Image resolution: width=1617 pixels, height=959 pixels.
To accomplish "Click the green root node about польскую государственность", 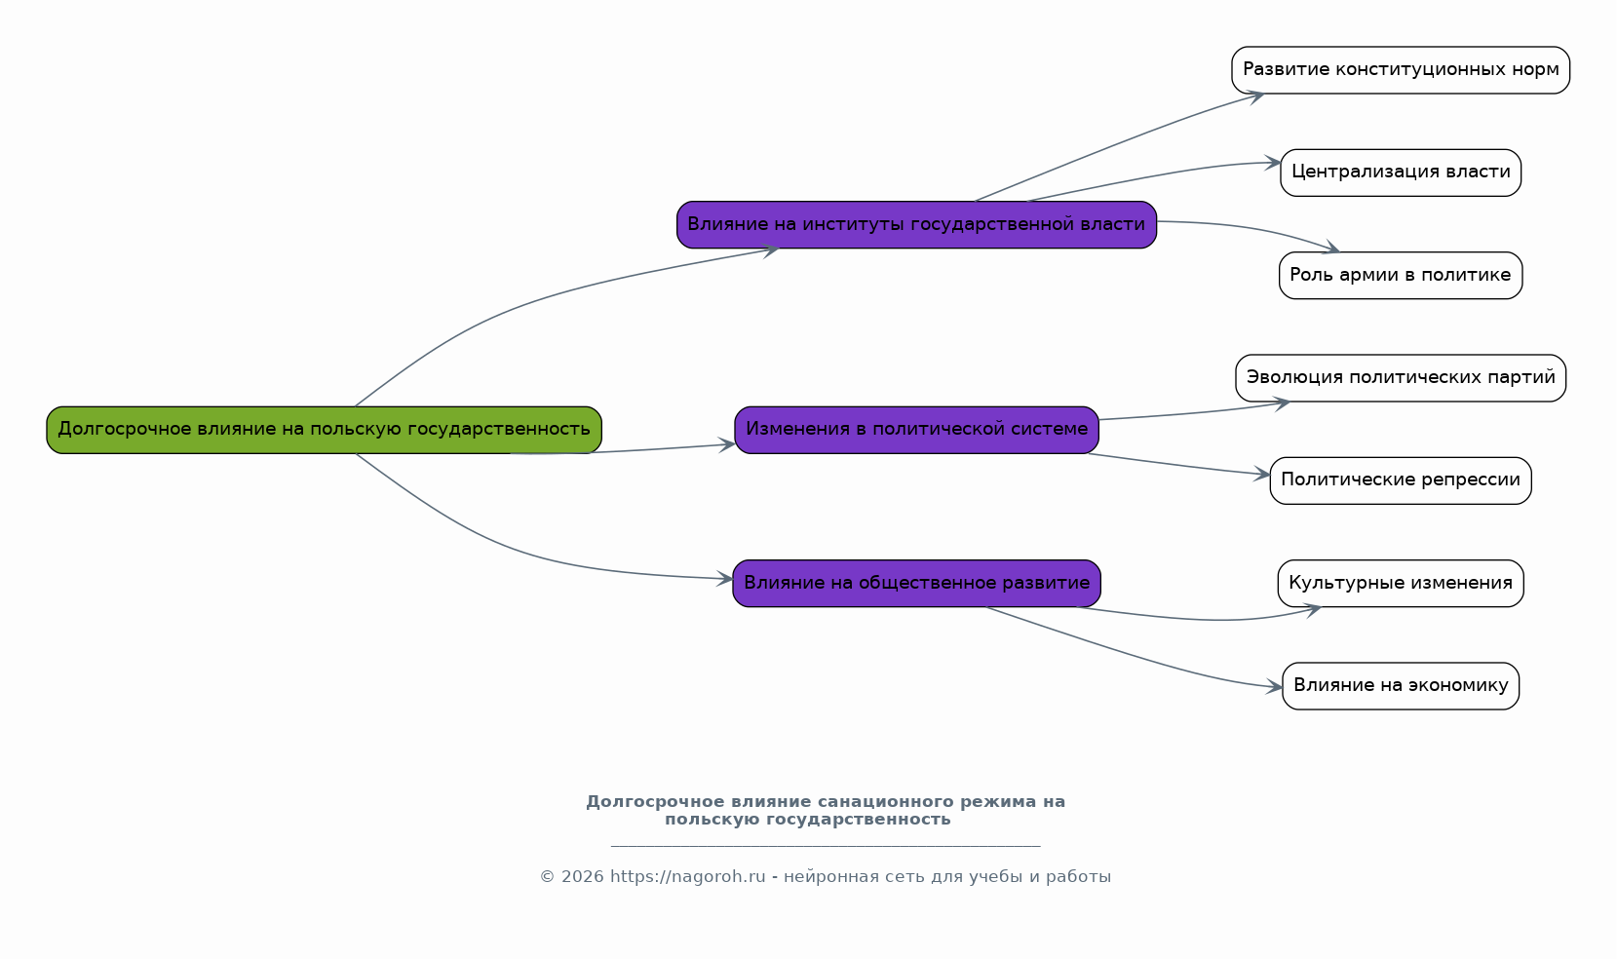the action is coord(325,430).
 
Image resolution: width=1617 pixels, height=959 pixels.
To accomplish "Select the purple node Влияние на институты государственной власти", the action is coord(917,225).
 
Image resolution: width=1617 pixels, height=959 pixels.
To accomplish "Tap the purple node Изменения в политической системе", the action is coord(917,430).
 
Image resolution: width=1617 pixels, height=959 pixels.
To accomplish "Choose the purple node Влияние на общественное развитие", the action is coord(917,584).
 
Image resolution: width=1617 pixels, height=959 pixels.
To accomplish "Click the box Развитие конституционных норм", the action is coord(1402,70).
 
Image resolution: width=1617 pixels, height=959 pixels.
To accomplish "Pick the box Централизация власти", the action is coord(1402,173).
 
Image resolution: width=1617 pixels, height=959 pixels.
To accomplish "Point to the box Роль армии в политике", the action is coord(1402,276).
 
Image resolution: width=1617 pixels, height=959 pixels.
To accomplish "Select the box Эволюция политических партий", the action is coord(1402,378).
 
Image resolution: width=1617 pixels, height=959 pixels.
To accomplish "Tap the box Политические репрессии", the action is coord(1402,480).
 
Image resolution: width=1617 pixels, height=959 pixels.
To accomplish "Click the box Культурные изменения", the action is coord(1402,584).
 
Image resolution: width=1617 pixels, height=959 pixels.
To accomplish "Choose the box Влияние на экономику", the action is coord(1402,686).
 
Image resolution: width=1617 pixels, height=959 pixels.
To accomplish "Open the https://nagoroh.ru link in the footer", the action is coord(688,877).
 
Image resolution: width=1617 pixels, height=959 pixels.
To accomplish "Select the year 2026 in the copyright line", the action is coord(583,877).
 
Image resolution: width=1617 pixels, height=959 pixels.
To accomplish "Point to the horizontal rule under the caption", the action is coord(826,845).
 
